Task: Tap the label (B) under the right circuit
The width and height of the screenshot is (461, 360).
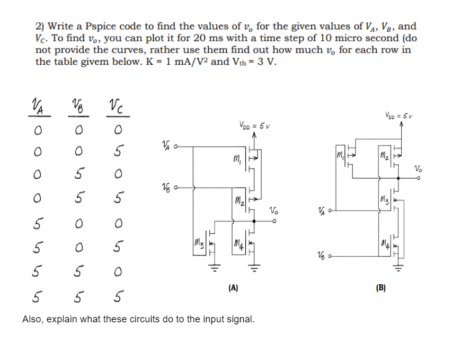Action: [380, 288]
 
